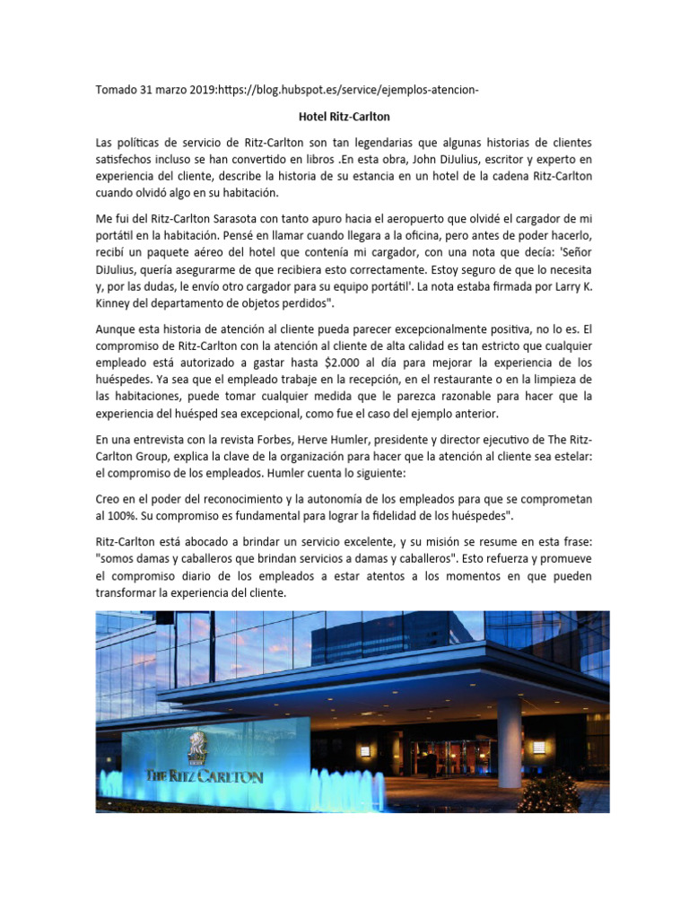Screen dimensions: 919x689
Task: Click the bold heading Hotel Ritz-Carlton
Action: pos(344,116)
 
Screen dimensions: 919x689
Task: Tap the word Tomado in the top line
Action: pos(118,90)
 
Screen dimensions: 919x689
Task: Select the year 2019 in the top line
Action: pos(199,90)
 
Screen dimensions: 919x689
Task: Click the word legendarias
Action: pos(368,142)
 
